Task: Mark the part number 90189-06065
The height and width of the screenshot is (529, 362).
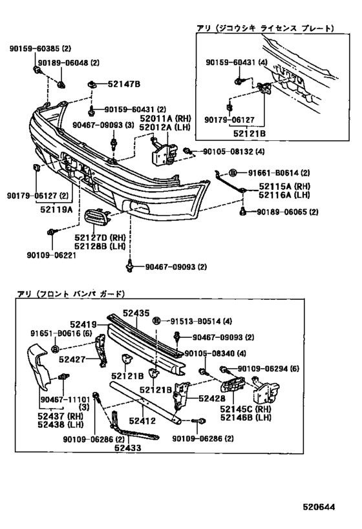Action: tap(279, 212)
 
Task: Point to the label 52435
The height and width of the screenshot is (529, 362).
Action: tap(138, 312)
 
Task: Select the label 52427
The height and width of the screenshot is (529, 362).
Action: tap(72, 358)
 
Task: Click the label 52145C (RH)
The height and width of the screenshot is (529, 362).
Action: tap(253, 408)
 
